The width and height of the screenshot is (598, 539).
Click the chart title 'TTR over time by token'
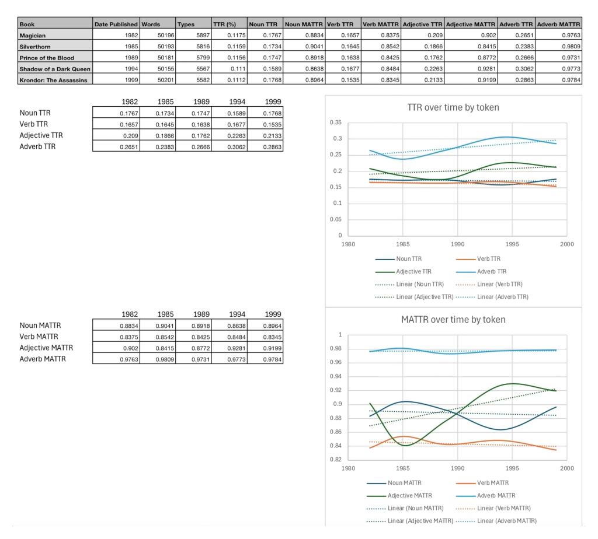coord(453,107)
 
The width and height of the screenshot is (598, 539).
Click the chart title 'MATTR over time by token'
coord(453,319)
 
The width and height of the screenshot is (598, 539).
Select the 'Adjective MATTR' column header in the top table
coord(471,24)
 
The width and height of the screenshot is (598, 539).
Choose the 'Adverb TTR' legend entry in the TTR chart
coord(492,271)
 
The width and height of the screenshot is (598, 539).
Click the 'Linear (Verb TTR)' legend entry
coord(499,284)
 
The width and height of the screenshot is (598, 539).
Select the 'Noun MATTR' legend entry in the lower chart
coord(404,482)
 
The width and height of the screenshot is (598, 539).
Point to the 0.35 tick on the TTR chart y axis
coord(335,123)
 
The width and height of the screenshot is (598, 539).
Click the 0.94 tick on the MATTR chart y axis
coord(336,376)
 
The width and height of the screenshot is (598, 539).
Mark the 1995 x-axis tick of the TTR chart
coord(512,244)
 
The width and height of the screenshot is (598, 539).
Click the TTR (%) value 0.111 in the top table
coord(229,69)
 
